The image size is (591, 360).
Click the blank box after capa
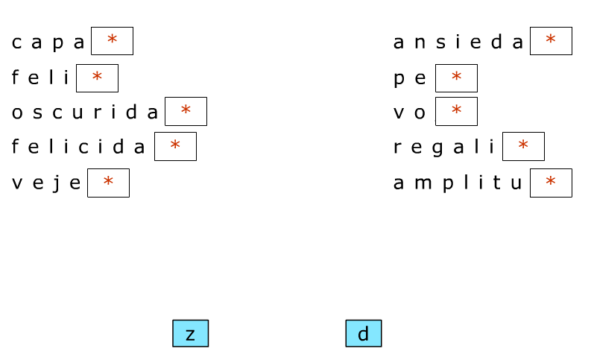click(x=112, y=41)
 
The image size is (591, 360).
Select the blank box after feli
click(x=97, y=78)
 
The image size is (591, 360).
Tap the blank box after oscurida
click(x=186, y=111)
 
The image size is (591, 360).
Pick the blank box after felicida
click(x=175, y=146)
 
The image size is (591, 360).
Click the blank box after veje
click(x=108, y=183)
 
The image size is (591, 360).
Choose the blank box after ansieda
click(x=551, y=41)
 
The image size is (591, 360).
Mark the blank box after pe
click(x=456, y=78)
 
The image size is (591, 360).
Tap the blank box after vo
click(x=456, y=111)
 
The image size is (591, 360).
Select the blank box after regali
click(x=523, y=146)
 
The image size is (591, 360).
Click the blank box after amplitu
click(x=551, y=183)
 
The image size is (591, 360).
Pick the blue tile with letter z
click(x=190, y=333)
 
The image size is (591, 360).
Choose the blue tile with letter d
click(x=363, y=333)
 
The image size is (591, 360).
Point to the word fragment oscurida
click(x=85, y=113)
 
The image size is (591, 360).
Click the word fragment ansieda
click(x=458, y=42)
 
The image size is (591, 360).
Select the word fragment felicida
click(x=79, y=147)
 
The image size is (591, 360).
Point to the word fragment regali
click(x=444, y=148)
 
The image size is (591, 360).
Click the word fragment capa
click(x=48, y=42)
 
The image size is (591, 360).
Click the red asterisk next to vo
click(x=456, y=110)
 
